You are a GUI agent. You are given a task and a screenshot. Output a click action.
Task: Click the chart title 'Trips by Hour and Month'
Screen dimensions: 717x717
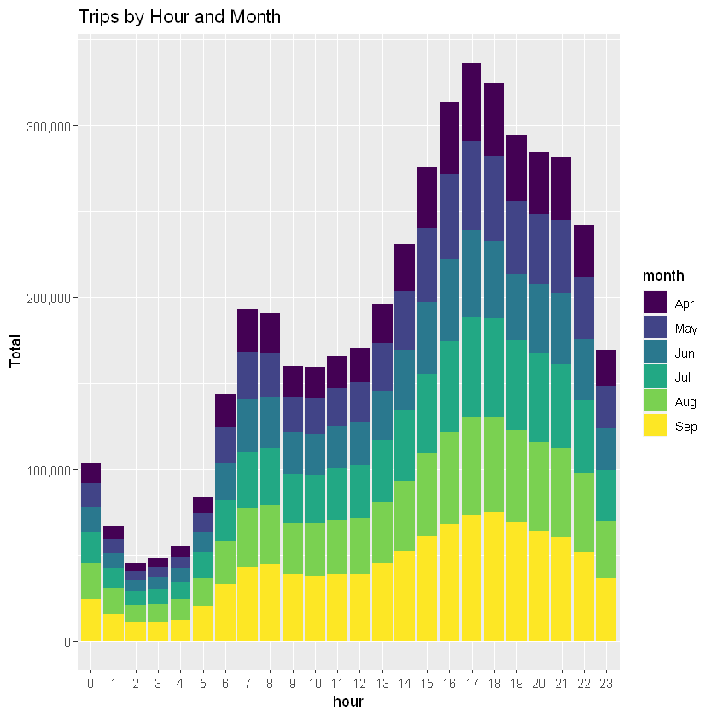[179, 17]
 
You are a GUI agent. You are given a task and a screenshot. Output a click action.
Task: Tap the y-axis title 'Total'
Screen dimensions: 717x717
[15, 351]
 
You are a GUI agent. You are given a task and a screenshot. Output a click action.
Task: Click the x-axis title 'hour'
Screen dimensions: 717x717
[348, 702]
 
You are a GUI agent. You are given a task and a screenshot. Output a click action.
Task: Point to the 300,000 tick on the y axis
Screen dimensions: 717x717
[49, 126]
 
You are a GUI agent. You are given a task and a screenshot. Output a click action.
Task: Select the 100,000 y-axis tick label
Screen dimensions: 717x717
[49, 470]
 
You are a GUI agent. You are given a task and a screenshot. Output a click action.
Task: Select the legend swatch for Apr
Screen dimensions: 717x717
[655, 302]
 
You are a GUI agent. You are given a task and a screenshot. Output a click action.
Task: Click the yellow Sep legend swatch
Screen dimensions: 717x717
[655, 426]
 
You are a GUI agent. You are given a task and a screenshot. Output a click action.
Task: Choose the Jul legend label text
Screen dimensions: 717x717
[684, 376]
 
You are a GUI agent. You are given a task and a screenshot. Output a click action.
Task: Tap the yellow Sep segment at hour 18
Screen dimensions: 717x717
[494, 576]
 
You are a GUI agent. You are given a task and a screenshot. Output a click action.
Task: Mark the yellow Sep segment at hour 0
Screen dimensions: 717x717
[90, 620]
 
